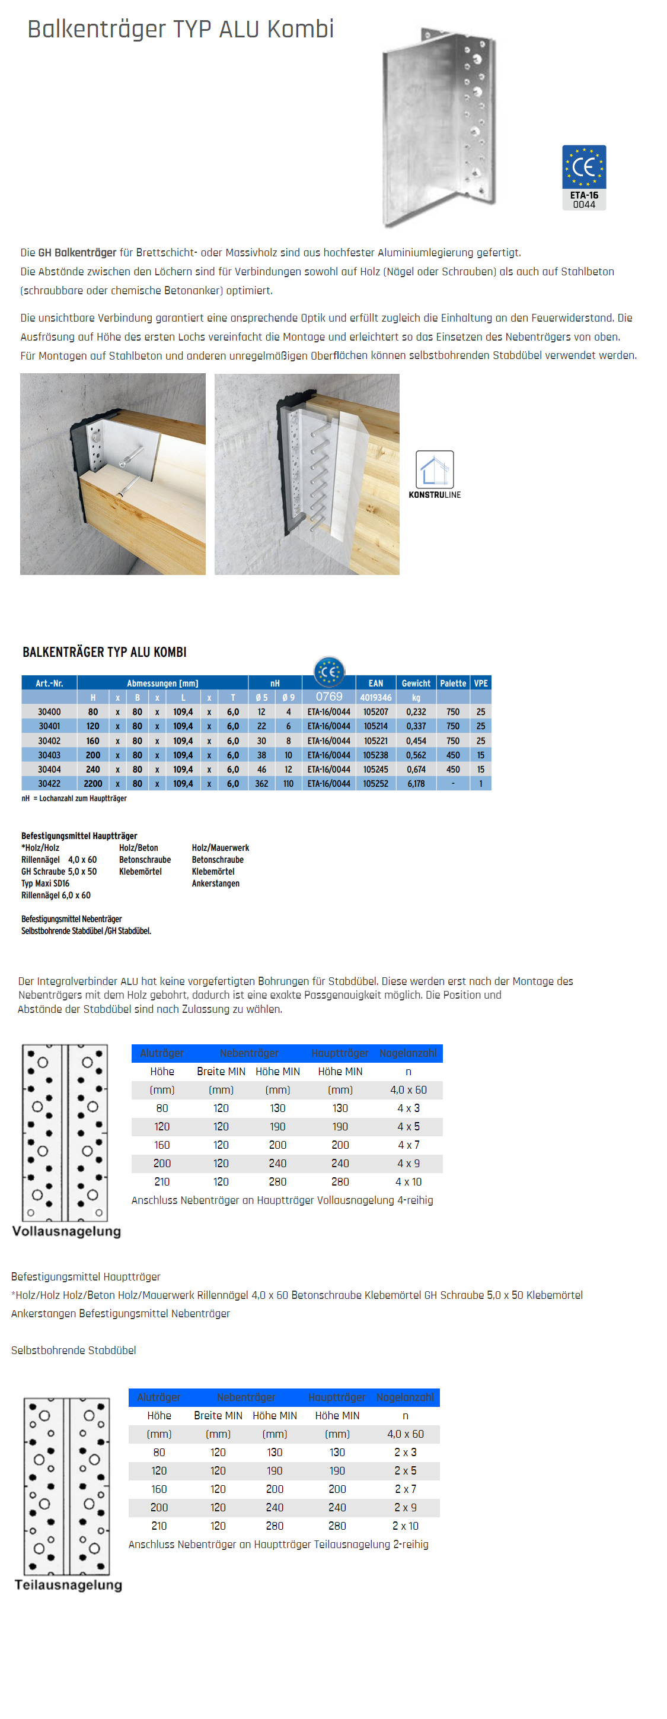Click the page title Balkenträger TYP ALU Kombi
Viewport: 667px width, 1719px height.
180,29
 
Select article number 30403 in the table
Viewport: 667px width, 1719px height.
49,755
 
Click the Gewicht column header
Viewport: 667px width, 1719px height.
416,682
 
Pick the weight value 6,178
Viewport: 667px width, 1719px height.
416,783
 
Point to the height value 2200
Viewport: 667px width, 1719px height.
92,783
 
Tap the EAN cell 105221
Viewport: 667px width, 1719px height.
375,741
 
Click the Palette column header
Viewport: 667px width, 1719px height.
453,682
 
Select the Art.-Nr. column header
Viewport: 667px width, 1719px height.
49,682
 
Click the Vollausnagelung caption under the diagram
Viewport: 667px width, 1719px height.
66,1231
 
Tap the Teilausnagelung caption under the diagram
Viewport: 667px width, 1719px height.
69,1585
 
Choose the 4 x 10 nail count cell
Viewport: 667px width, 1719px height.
408,1182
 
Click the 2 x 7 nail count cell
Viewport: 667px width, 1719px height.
405,1489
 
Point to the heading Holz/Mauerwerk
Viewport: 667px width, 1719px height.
220,847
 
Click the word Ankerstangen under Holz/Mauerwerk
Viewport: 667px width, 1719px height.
215,883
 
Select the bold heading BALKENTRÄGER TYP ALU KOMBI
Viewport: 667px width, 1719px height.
105,652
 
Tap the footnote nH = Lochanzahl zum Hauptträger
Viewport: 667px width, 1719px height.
74,798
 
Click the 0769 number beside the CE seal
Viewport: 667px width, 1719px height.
329,696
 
